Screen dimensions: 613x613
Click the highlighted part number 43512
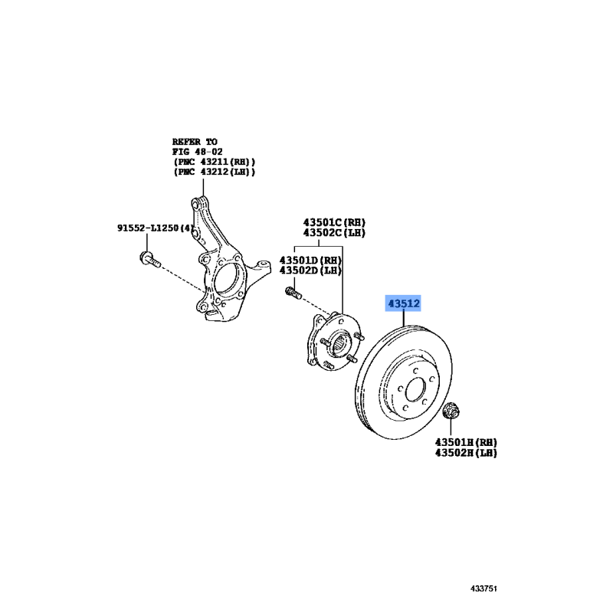404,303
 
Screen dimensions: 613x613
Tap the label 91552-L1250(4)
156,228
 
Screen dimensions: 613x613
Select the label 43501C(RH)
334,222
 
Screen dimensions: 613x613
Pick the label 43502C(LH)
334,233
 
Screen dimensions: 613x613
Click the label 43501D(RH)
310,260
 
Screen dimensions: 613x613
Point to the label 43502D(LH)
310,270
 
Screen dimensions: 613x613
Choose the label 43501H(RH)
466,442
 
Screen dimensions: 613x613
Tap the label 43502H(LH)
466,453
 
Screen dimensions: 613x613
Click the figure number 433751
484,588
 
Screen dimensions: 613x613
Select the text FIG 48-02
198,152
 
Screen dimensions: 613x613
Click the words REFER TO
195,142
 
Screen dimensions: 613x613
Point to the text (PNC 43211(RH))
215,162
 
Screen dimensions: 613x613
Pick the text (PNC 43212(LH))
215,172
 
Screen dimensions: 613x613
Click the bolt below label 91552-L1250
150,260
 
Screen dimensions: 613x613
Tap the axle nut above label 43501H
451,410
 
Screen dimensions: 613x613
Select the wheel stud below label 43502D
293,293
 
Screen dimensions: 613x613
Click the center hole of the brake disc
415,389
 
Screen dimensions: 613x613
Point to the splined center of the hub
342,344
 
